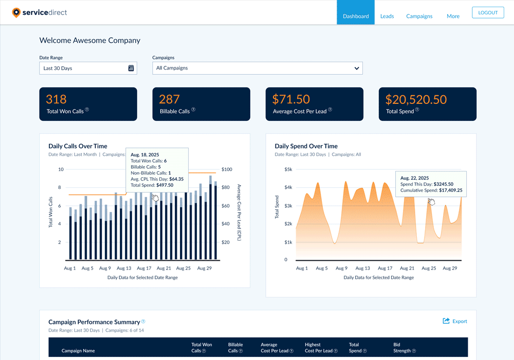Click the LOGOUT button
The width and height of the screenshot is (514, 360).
click(488, 13)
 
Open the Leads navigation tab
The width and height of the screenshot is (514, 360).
click(387, 16)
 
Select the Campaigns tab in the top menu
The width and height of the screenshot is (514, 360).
click(419, 16)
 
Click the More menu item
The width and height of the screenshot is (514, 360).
click(453, 16)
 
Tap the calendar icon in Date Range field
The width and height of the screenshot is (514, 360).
click(131, 68)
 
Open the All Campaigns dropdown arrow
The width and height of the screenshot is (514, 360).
click(357, 68)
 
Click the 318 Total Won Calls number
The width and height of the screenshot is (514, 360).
click(57, 99)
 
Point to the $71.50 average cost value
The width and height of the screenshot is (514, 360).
click(291, 99)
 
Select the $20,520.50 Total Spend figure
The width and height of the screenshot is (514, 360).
click(416, 99)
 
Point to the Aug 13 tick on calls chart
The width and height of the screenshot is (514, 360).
click(124, 268)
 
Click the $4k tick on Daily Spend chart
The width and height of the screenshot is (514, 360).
click(288, 187)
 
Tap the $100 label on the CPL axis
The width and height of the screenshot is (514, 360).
click(227, 169)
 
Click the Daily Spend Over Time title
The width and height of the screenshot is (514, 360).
click(306, 146)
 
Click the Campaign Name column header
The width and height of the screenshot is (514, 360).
click(78, 351)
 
